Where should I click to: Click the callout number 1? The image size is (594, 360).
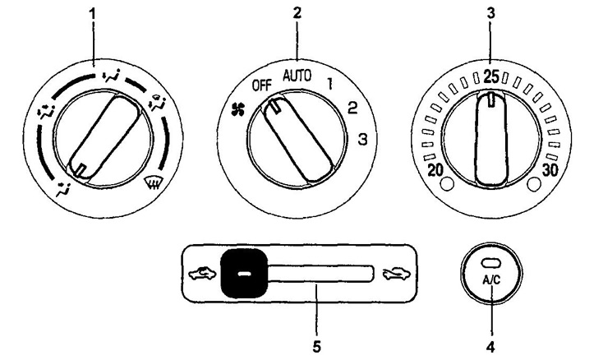93,15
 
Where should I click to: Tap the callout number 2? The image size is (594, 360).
297,12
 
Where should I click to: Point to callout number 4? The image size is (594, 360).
491,346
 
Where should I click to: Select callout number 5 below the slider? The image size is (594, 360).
317,346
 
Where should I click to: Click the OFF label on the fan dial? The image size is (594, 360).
262,85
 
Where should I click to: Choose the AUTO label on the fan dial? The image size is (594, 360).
297,76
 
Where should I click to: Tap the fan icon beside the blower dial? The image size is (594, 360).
239,110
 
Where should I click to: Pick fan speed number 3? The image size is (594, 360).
363,140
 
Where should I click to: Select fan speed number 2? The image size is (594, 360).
352,108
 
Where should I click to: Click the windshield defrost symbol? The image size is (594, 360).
151,185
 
